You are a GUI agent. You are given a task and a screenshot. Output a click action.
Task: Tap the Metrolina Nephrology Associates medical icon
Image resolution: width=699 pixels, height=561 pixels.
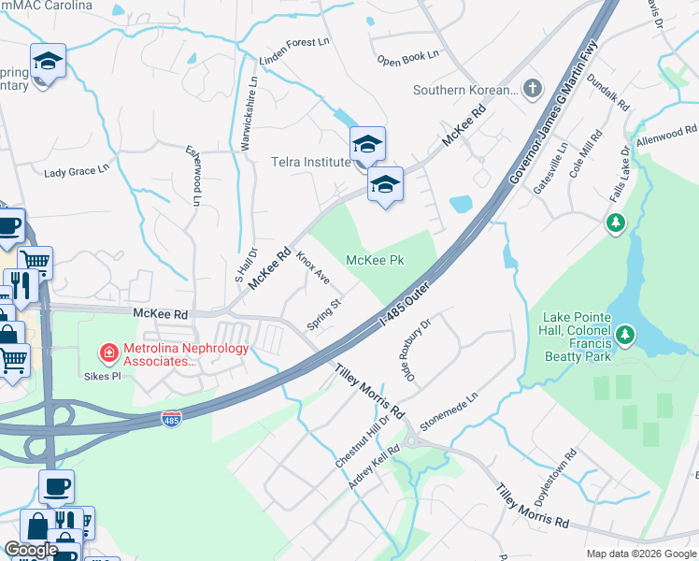click(x=109, y=352)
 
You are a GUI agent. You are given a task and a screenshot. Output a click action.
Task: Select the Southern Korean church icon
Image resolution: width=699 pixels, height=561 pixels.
click(x=532, y=90)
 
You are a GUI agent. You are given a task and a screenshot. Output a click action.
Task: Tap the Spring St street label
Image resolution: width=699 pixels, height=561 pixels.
click(x=326, y=314)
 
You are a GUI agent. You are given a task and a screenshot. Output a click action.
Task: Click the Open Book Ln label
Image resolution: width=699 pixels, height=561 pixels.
click(x=407, y=58)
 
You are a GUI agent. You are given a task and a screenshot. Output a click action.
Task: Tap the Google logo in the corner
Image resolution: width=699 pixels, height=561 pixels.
click(x=31, y=551)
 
